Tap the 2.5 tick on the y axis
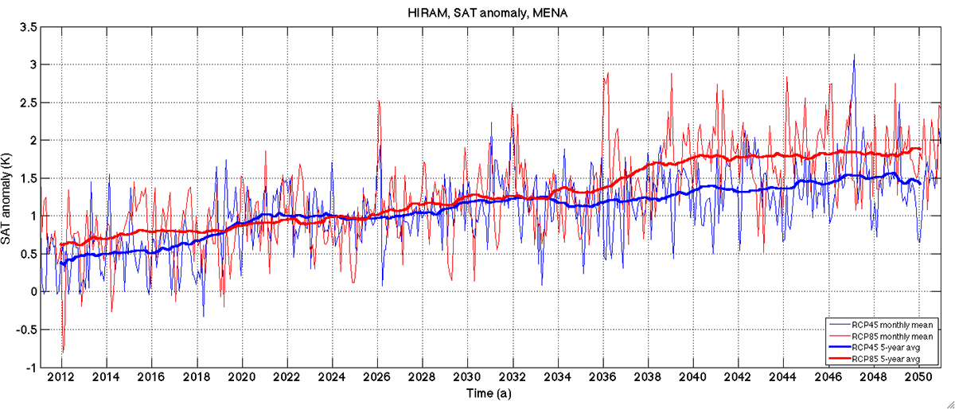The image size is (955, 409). [29, 102]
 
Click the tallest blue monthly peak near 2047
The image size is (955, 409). [854, 56]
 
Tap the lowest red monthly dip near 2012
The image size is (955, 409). [62, 352]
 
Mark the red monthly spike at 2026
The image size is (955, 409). [379, 102]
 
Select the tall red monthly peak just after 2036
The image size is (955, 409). [607, 73]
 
